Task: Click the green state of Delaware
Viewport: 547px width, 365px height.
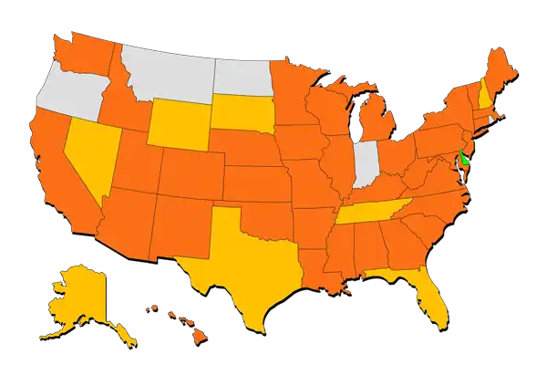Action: click(463, 157)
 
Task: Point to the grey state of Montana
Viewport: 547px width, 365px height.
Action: click(169, 68)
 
